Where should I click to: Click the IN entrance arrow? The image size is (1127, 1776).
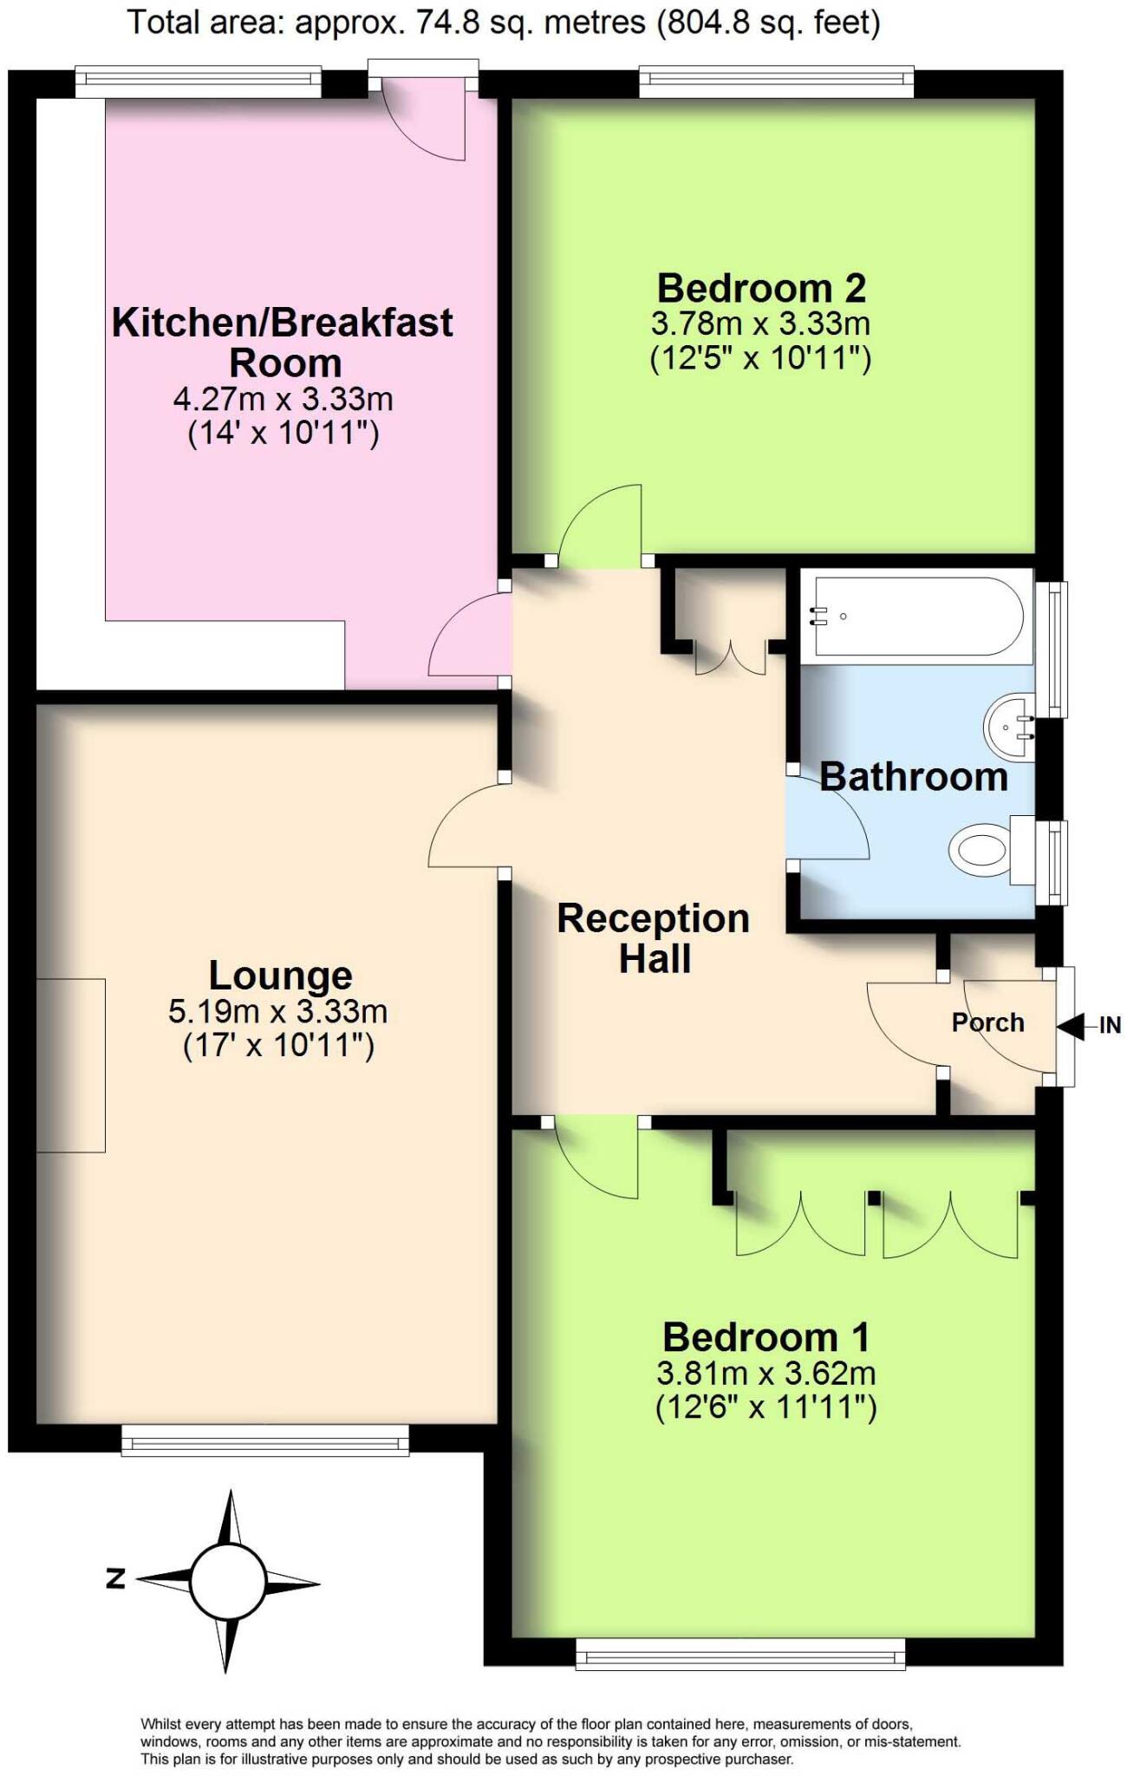[1072, 1027]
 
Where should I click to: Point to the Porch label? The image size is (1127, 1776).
[987, 1023]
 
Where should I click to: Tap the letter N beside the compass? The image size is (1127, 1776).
[115, 1578]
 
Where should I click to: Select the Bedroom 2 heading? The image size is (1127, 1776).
[761, 287]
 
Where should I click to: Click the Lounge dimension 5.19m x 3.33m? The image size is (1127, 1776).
[277, 1012]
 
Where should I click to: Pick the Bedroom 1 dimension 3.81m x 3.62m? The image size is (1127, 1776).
[765, 1374]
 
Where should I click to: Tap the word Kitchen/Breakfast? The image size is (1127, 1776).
[282, 323]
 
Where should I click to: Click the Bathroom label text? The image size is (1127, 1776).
[914, 777]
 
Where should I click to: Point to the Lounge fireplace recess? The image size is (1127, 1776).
[71, 1065]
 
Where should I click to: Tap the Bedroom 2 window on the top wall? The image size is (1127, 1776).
[776, 82]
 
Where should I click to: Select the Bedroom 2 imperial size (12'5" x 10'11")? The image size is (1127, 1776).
[760, 358]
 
